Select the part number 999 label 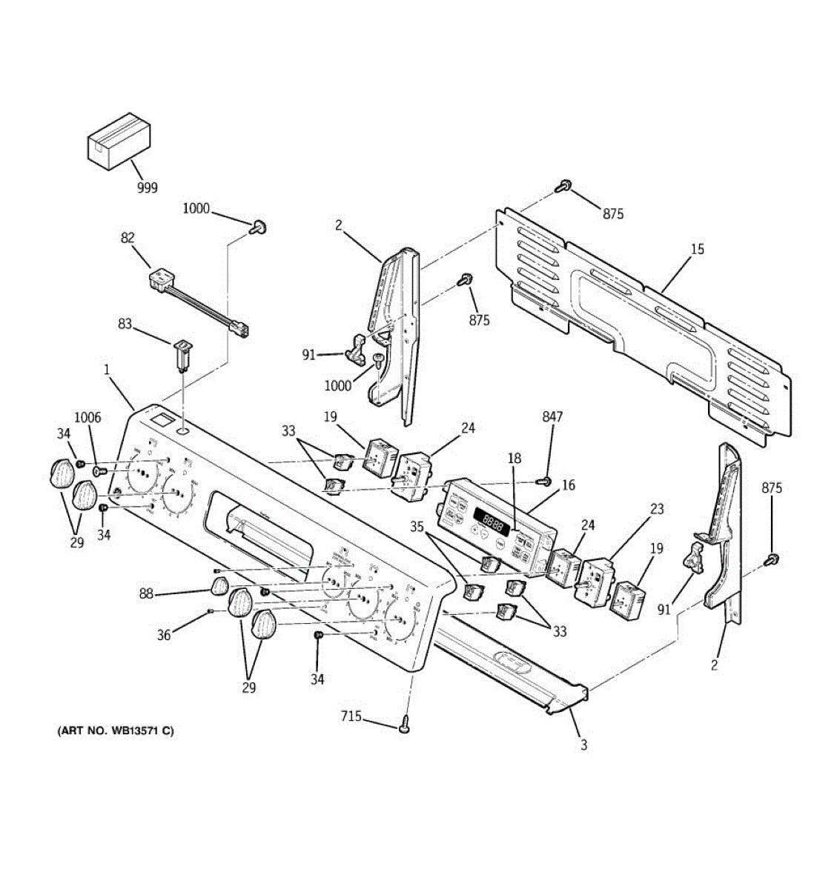pyautogui.click(x=147, y=187)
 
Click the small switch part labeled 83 pyautogui.click(x=180, y=354)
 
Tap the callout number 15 pyautogui.click(x=697, y=249)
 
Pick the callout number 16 pyautogui.click(x=569, y=485)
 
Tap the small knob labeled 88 pyautogui.click(x=218, y=588)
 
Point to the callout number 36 pyautogui.click(x=164, y=634)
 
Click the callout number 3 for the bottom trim pyautogui.click(x=583, y=745)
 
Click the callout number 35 pyautogui.click(x=417, y=528)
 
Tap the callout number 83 pyautogui.click(x=125, y=324)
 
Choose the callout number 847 pyautogui.click(x=552, y=417)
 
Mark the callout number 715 pyautogui.click(x=351, y=716)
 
